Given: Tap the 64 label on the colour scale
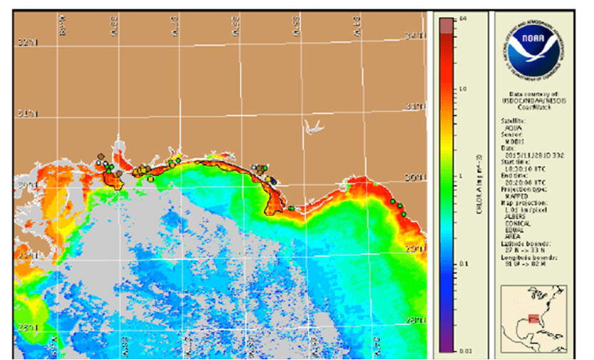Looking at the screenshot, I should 464,19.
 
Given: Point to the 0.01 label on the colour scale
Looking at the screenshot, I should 464,350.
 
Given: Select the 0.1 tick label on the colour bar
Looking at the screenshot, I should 464,264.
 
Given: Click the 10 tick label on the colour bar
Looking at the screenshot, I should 464,89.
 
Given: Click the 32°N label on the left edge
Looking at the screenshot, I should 26,43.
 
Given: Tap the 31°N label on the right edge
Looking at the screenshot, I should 415,106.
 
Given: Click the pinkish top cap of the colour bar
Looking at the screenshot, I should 445,25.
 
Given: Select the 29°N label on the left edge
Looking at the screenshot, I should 26,255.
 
